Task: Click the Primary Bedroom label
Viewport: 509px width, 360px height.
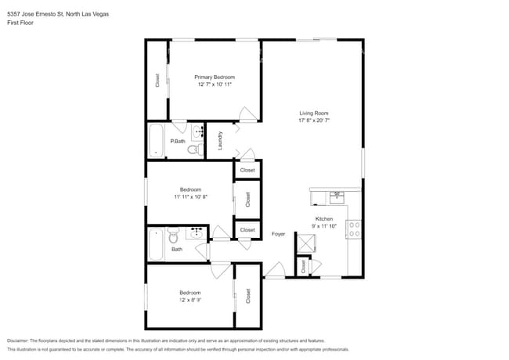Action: click(x=215, y=77)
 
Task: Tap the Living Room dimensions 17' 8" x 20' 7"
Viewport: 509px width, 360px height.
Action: click(x=312, y=121)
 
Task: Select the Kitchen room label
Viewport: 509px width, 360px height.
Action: click(x=324, y=219)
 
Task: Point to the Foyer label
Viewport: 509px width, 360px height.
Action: click(x=278, y=234)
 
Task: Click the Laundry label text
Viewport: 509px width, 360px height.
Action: click(x=221, y=140)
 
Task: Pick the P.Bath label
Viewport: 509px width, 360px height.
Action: click(x=178, y=141)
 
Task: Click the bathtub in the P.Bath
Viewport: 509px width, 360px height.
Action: click(x=157, y=142)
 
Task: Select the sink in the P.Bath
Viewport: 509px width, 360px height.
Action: click(x=198, y=131)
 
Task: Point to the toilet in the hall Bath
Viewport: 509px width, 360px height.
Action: click(x=174, y=233)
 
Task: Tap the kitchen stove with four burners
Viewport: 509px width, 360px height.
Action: click(x=354, y=229)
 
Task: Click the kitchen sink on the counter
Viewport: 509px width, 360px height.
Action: click(x=337, y=195)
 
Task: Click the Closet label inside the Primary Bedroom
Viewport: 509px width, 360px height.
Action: click(x=157, y=80)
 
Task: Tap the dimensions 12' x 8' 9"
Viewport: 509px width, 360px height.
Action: click(x=191, y=300)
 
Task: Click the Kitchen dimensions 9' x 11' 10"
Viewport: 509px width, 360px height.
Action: click(x=324, y=227)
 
